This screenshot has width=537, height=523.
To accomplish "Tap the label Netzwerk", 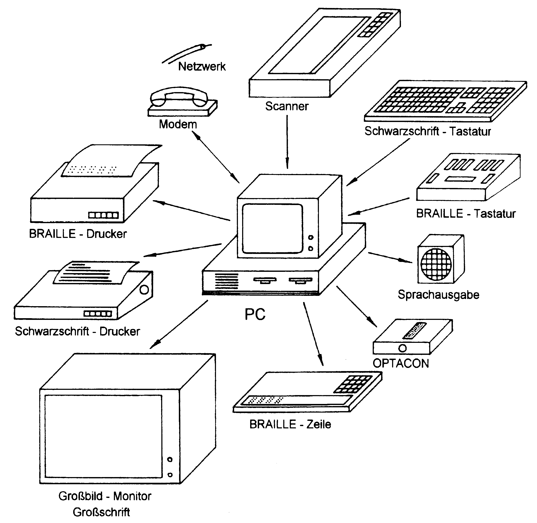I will click(x=202, y=66).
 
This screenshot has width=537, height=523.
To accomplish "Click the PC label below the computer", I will click(x=255, y=314).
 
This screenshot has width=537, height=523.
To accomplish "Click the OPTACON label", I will click(x=401, y=363).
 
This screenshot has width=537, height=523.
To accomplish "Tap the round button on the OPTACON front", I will click(x=402, y=348).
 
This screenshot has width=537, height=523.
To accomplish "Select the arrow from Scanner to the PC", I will click(x=287, y=141).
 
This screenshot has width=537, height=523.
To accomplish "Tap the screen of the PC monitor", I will click(x=272, y=228).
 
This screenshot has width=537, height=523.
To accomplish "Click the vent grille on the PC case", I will click(x=227, y=281).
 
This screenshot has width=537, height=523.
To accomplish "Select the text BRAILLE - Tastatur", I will click(x=465, y=213).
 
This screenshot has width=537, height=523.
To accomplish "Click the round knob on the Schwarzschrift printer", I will click(x=144, y=290).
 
